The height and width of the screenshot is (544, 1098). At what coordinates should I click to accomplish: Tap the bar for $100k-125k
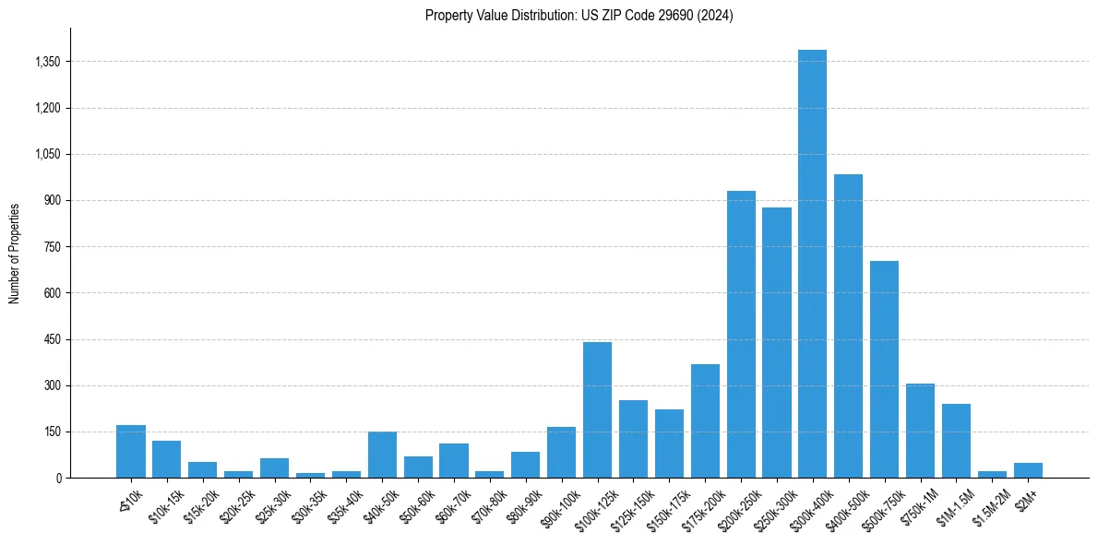(x=597, y=409)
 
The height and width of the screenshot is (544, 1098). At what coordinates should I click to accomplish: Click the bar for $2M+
(x=1028, y=470)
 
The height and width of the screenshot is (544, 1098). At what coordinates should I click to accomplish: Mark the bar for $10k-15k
(x=166, y=459)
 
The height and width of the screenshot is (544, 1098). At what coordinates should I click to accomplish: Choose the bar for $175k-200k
(x=705, y=420)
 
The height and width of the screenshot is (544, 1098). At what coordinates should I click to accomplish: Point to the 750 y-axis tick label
(x=51, y=247)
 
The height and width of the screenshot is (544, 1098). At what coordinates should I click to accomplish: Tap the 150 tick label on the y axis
(x=51, y=432)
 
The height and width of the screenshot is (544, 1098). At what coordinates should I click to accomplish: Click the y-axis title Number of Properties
(x=15, y=253)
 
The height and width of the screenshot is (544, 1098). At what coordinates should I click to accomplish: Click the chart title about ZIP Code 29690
(x=579, y=16)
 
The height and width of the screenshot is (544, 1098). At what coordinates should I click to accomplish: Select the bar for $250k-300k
(x=777, y=342)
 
